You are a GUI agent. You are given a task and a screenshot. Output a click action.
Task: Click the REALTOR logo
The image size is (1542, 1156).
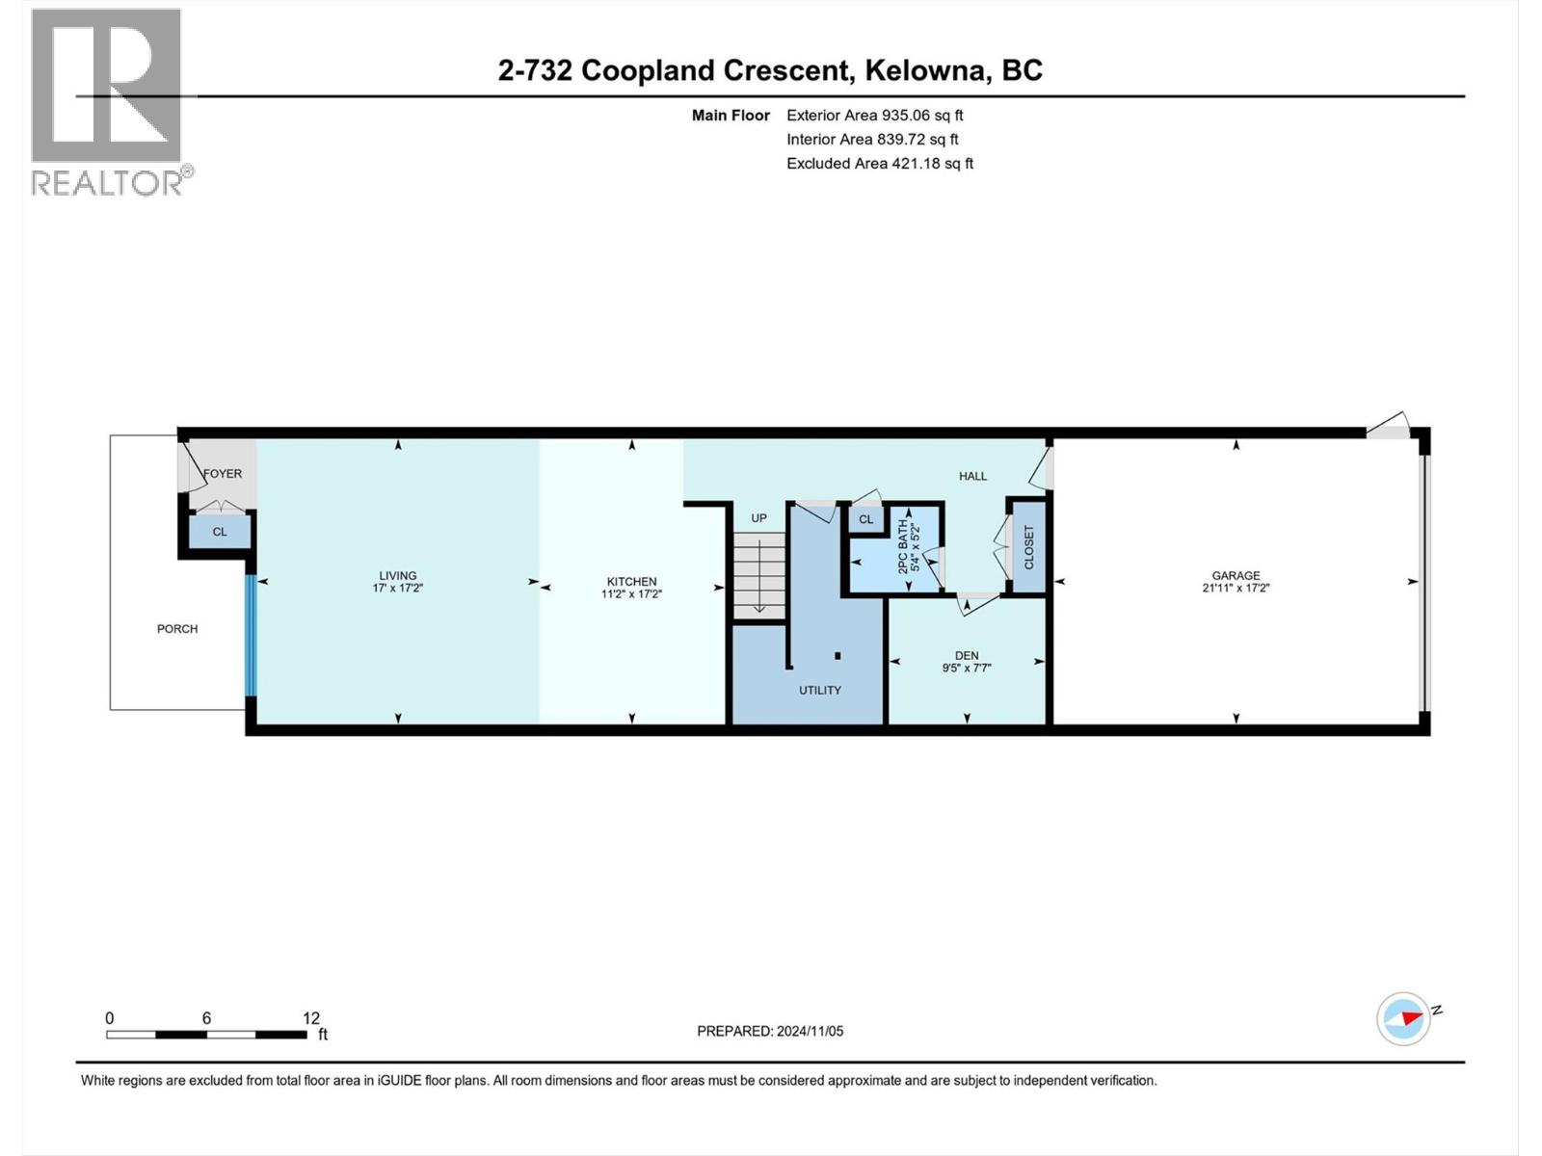[x=107, y=101]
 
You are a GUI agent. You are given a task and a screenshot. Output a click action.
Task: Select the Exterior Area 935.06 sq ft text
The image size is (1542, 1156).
[x=874, y=115]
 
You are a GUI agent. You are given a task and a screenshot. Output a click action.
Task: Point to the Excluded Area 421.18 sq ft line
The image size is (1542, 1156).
[x=879, y=163]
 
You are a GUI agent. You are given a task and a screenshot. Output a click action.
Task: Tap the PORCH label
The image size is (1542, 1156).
[x=177, y=628]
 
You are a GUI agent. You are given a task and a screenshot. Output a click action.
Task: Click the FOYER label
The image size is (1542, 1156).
[x=223, y=473]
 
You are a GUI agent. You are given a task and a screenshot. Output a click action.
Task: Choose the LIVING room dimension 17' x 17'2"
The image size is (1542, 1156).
[x=397, y=587]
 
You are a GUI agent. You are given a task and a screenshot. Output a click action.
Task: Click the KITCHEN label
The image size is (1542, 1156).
[x=631, y=581]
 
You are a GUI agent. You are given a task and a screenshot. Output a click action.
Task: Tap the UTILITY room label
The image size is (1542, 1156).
[x=819, y=690]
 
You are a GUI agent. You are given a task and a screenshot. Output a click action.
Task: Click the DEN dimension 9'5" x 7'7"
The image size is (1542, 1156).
[x=966, y=667]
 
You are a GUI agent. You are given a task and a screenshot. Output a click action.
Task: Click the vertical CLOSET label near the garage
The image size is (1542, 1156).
[x=1028, y=546]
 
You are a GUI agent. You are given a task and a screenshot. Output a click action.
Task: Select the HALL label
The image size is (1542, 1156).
[x=972, y=476]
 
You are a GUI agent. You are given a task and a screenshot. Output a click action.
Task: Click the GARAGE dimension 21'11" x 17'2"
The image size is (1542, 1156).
[x=1236, y=587]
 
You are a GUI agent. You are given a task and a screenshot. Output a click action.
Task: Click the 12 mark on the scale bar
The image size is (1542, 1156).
[x=310, y=1018]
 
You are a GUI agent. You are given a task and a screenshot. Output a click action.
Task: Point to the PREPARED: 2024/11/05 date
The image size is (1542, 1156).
[x=770, y=1031]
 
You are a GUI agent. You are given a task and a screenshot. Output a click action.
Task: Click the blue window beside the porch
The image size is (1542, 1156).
[x=251, y=635]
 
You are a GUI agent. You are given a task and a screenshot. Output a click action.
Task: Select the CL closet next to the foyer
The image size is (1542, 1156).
[x=220, y=531]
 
